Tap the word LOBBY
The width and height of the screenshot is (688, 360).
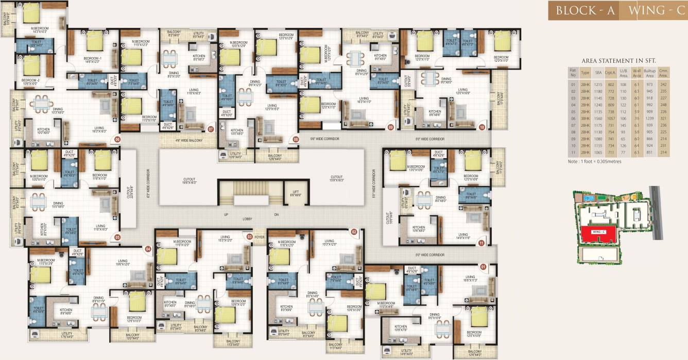(x=247, y=219)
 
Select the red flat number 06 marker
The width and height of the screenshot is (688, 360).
(x=117, y=139)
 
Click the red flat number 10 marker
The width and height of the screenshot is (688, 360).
(x=482, y=127)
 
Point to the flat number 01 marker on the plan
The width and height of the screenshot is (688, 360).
(x=483, y=267)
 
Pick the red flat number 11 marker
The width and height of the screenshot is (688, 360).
(x=481, y=243)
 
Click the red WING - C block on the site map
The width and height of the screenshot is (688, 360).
(x=601, y=234)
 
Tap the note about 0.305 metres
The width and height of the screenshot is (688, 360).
(x=595, y=161)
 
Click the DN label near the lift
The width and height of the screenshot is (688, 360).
(x=276, y=214)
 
